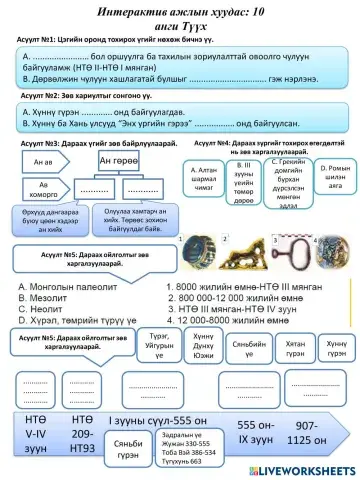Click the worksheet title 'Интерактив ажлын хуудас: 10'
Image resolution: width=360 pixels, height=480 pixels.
(180, 9)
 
